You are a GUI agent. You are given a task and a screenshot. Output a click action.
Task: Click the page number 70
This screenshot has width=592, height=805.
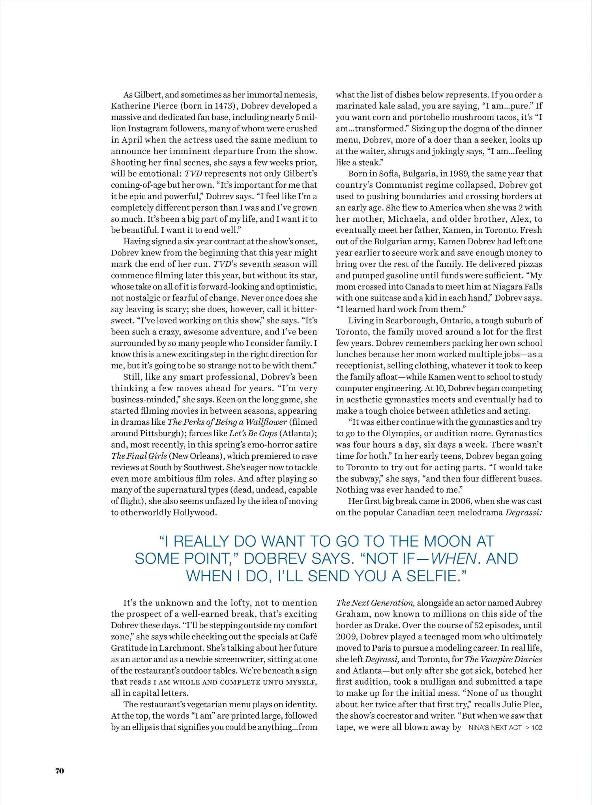tap(59, 771)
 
